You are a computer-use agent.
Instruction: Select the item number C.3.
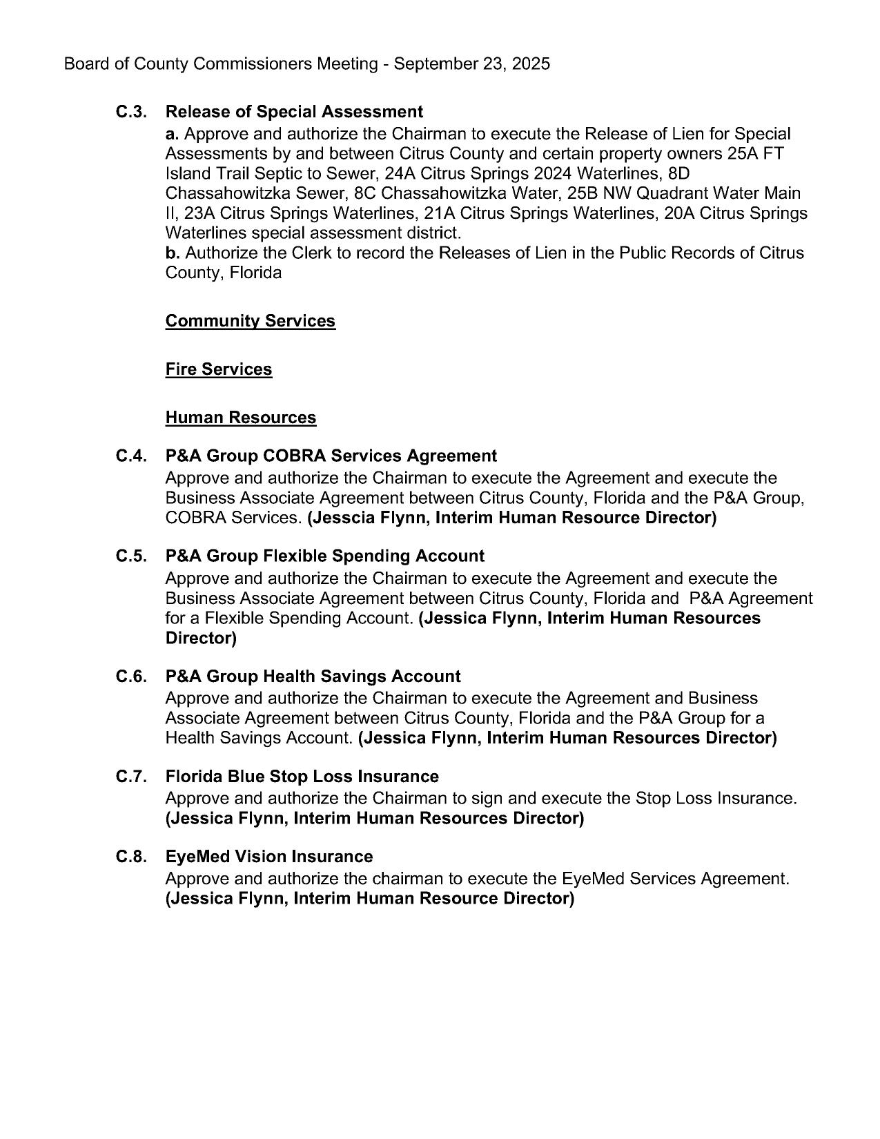click(x=130, y=112)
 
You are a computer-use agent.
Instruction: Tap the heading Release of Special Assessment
click(x=294, y=112)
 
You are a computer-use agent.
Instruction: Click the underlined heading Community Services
click(x=250, y=321)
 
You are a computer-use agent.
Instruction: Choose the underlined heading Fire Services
click(x=219, y=369)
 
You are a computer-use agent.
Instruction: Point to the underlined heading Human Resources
click(x=241, y=418)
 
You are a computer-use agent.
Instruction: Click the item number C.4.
click(x=130, y=456)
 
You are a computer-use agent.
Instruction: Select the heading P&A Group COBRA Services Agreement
click(x=331, y=456)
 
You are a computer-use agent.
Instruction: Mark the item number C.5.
click(x=130, y=556)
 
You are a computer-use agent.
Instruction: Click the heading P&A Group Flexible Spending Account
click(x=324, y=556)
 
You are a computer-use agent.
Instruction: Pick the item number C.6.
click(x=130, y=676)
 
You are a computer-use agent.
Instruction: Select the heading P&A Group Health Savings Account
click(x=313, y=676)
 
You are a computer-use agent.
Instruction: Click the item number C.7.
click(x=130, y=777)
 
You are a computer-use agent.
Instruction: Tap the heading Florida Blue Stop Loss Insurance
click(x=302, y=777)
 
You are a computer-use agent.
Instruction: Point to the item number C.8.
click(x=130, y=857)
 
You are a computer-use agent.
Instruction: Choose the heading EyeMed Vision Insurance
click(x=268, y=857)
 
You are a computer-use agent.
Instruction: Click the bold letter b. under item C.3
click(x=172, y=253)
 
